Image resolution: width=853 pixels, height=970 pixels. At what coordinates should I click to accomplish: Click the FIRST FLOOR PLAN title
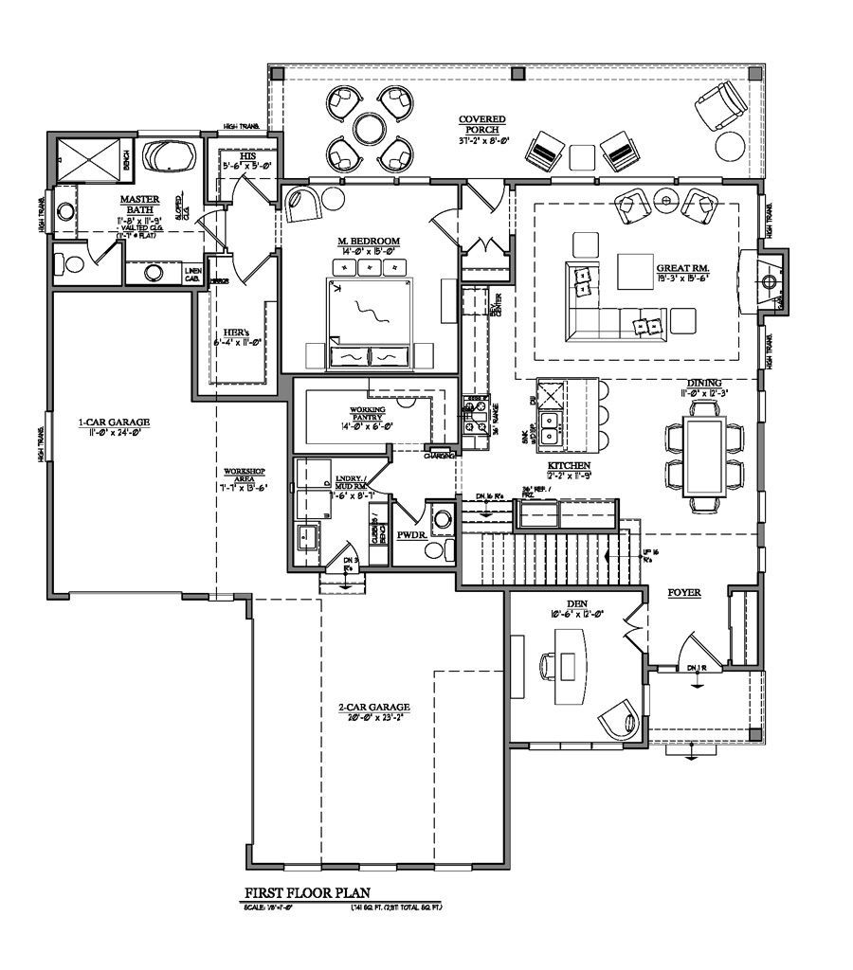click(x=307, y=892)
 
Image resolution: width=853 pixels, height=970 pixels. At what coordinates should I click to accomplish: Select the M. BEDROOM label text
click(x=369, y=242)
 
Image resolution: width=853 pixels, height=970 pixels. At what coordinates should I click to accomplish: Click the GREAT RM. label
click(x=682, y=269)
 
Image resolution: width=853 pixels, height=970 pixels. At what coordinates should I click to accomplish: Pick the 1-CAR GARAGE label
click(x=114, y=422)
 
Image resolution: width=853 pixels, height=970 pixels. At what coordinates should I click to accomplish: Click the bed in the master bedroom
click(x=370, y=313)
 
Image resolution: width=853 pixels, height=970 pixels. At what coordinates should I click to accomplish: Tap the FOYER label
click(x=683, y=593)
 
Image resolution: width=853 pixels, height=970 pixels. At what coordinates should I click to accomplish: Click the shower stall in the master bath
click(x=90, y=157)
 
